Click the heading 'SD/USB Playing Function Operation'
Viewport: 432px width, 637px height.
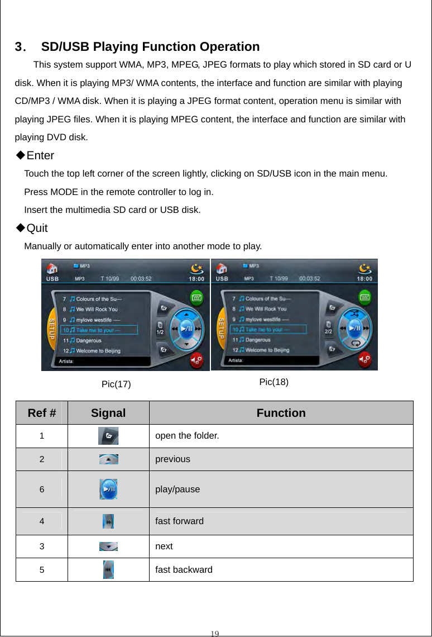click(x=150, y=46)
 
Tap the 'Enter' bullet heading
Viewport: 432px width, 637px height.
click(x=40, y=155)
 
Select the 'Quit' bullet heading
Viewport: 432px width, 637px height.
click(x=37, y=228)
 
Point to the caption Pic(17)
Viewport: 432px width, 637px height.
click(x=116, y=384)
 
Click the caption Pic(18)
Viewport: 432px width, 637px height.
click(x=273, y=382)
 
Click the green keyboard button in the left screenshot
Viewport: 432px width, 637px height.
click(x=196, y=297)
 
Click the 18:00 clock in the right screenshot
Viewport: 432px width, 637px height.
click(x=366, y=278)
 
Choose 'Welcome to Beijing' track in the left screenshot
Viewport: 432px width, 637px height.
click(x=98, y=350)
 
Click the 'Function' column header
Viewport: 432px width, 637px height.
click(x=281, y=413)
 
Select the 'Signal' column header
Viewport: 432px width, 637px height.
click(x=108, y=413)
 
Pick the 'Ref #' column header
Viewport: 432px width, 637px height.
click(x=41, y=413)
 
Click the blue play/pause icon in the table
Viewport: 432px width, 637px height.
click(x=108, y=489)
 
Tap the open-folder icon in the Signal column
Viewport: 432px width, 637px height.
click(x=108, y=436)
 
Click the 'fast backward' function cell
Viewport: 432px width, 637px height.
click(x=184, y=569)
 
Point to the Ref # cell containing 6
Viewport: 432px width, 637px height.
click(x=42, y=489)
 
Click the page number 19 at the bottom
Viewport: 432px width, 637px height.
click(x=215, y=633)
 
